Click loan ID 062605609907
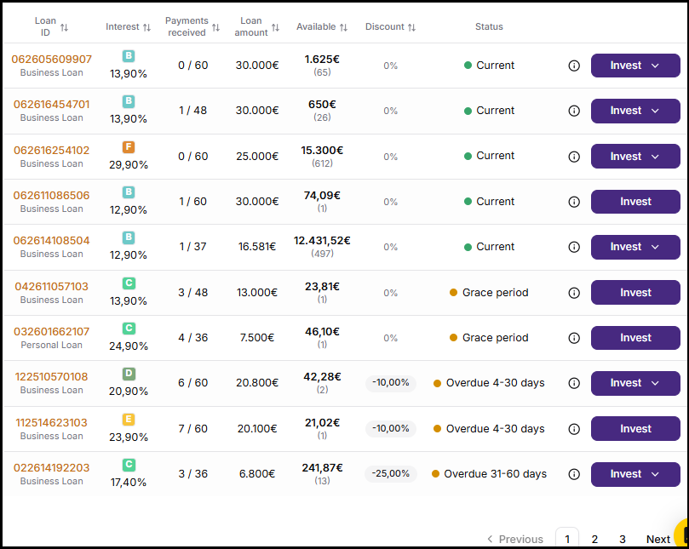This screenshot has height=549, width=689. pyautogui.click(x=51, y=60)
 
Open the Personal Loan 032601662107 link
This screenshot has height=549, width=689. pyautogui.click(x=51, y=332)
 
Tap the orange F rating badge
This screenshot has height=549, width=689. pyautogui.click(x=129, y=146)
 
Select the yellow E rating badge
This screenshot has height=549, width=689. pyautogui.click(x=129, y=419)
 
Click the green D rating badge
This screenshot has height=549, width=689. pyautogui.click(x=129, y=374)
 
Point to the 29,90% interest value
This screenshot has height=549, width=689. pyautogui.click(x=129, y=165)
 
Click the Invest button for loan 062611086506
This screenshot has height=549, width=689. pyautogui.click(x=635, y=202)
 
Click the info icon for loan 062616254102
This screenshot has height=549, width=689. pyautogui.click(x=574, y=157)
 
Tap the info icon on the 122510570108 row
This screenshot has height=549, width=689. pyautogui.click(x=574, y=383)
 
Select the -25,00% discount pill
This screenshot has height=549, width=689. pyautogui.click(x=391, y=473)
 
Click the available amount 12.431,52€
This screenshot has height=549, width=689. pyautogui.click(x=322, y=241)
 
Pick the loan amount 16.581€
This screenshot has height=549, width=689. pyautogui.click(x=257, y=247)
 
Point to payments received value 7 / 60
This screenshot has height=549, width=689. pyautogui.click(x=192, y=429)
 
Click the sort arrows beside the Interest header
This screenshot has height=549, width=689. pyautogui.click(x=146, y=27)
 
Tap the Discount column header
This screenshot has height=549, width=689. pyautogui.click(x=384, y=26)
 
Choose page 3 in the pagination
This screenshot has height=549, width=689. pyautogui.click(x=623, y=539)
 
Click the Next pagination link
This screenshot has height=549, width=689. pyautogui.click(x=657, y=539)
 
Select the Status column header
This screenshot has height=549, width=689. pyautogui.click(x=489, y=26)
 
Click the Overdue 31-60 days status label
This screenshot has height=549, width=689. pyautogui.click(x=495, y=474)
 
